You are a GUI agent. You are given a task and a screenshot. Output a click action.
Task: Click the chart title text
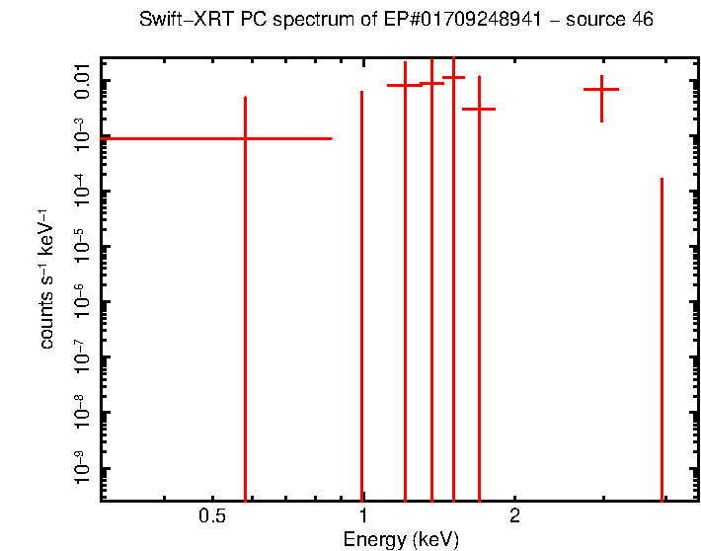pyautogui.click(x=395, y=20)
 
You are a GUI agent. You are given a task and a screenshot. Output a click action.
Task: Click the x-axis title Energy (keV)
pyautogui.click(x=401, y=539)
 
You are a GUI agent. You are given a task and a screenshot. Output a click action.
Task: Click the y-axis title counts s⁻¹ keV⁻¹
pyautogui.click(x=46, y=278)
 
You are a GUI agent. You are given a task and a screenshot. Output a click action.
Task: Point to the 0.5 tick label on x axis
pyautogui.click(x=212, y=515)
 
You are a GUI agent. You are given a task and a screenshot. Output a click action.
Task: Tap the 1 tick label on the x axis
pyautogui.click(x=363, y=515)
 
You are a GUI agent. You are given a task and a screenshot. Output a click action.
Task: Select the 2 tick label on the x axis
pyautogui.click(x=514, y=515)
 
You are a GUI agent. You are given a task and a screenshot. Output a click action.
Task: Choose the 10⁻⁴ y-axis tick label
pyautogui.click(x=83, y=191)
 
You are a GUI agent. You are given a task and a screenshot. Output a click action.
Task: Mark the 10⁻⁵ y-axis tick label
pyautogui.click(x=83, y=246)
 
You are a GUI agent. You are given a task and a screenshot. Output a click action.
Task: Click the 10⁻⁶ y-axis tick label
pyautogui.click(x=83, y=301)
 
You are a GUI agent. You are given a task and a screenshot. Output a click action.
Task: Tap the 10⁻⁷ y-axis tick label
pyautogui.click(x=83, y=356)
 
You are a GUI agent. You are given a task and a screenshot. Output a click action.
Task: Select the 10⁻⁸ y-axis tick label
pyautogui.click(x=83, y=412)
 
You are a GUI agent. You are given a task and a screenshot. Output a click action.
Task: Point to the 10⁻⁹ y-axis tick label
pyautogui.click(x=83, y=468)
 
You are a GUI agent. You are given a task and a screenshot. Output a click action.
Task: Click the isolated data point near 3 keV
pyautogui.click(x=601, y=90)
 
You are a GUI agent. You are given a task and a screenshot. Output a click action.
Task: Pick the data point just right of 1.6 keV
pyautogui.click(x=479, y=109)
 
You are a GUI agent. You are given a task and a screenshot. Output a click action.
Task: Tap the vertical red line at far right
pyautogui.click(x=662, y=336)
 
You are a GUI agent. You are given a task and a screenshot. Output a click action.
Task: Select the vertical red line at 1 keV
pyautogui.click(x=362, y=296)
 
